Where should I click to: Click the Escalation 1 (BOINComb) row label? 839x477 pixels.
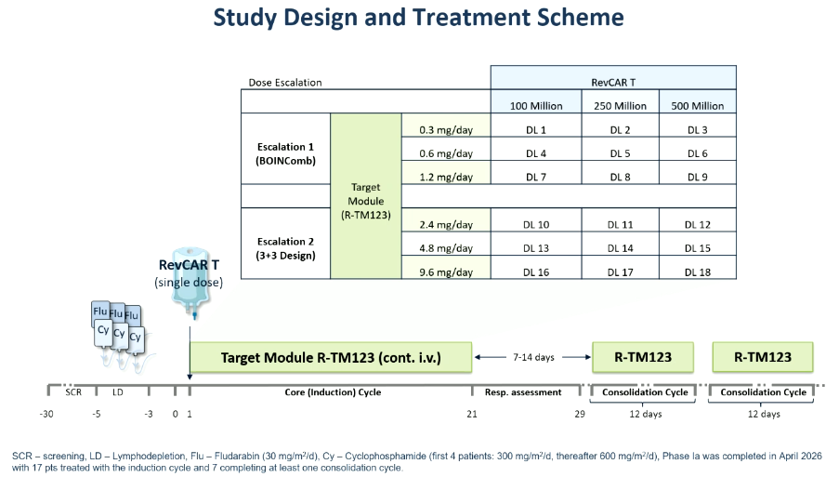pos(285,153)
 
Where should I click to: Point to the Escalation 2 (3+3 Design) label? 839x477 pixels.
pos(285,248)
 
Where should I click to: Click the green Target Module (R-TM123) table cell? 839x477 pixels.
pos(366,196)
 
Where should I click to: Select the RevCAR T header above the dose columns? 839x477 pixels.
pos(613,83)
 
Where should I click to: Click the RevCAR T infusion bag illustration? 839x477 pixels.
pos(191,282)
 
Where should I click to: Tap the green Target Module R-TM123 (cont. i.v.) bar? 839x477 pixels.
pos(331,357)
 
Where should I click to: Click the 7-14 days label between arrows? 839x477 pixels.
pos(533,357)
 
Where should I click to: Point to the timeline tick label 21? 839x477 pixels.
pos(471,414)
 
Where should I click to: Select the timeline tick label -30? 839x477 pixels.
pos(46,414)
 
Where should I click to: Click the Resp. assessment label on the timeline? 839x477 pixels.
pos(523,392)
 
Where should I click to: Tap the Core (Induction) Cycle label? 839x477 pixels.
pos(333,392)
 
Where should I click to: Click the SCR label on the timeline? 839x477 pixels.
pos(73,392)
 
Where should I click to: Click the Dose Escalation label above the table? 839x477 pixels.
pos(285,83)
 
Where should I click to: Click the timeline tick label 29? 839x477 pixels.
pos(580,414)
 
